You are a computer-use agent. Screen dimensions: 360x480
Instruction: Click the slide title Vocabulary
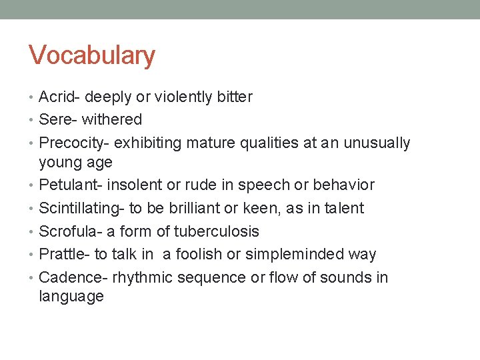91,55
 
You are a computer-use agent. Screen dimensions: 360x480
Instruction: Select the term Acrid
57,97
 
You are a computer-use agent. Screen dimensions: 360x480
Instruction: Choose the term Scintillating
79,209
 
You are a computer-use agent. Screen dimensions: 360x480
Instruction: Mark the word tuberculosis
217,232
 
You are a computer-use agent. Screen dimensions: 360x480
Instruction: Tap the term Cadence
71,278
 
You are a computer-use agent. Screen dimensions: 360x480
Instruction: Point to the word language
71,297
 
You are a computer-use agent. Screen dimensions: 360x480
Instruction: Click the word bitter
234,97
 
